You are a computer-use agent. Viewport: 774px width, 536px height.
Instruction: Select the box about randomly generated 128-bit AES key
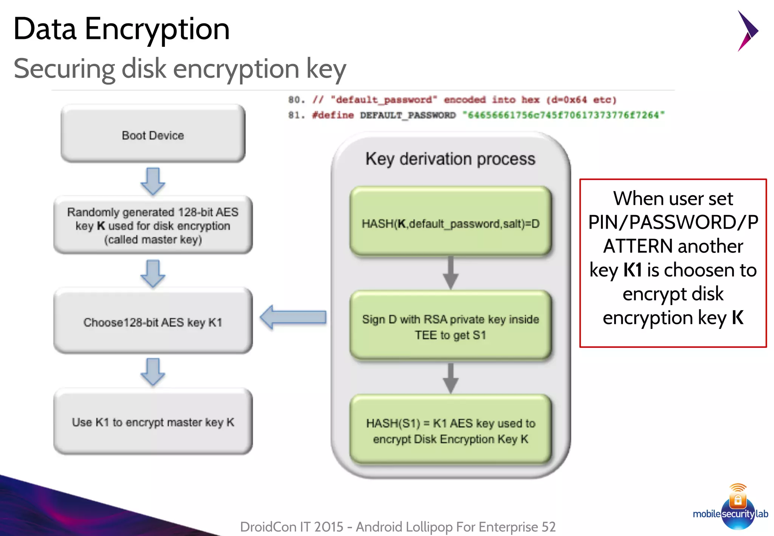point(153,225)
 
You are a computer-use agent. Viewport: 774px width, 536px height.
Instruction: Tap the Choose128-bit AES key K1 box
point(153,322)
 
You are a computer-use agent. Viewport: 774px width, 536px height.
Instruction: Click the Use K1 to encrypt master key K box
point(153,422)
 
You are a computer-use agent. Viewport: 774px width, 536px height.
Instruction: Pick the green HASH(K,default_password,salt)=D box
point(450,223)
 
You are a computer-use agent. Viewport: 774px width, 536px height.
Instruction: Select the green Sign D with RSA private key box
point(450,326)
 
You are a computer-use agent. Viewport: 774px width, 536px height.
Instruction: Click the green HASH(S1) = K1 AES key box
point(450,431)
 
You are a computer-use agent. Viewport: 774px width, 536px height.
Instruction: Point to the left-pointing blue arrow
point(293,317)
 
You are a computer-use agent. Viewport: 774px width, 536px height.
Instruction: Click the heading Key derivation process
point(450,159)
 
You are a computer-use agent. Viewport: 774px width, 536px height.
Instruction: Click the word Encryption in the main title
point(157,29)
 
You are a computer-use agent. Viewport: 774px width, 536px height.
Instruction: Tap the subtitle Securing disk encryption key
point(180,69)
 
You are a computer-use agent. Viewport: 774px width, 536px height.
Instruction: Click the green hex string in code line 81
point(563,115)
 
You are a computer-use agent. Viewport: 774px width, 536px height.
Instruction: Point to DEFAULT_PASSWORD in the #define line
point(407,115)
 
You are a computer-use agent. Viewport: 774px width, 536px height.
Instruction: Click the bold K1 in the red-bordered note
point(632,270)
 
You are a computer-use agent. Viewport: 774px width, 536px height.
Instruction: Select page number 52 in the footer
point(548,527)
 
